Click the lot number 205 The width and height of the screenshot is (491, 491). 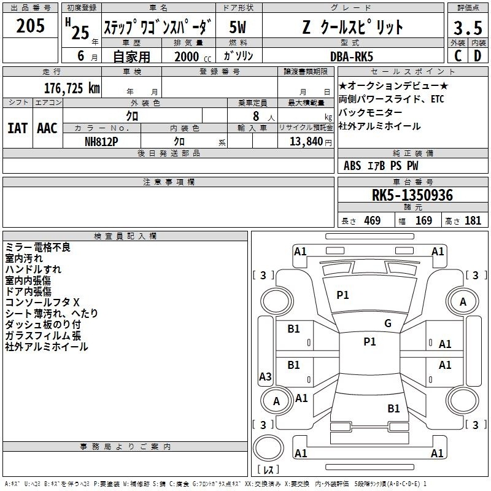click(30, 26)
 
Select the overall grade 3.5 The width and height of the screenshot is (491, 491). click(468, 28)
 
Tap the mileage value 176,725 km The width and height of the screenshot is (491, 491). click(72, 88)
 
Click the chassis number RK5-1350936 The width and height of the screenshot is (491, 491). click(412, 195)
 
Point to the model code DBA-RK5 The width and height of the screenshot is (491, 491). click(352, 56)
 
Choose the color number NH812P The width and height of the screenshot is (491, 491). click(101, 142)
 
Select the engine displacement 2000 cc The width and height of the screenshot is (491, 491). click(193, 57)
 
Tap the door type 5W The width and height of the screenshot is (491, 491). click(238, 27)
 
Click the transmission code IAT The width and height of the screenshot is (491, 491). click(18, 128)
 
